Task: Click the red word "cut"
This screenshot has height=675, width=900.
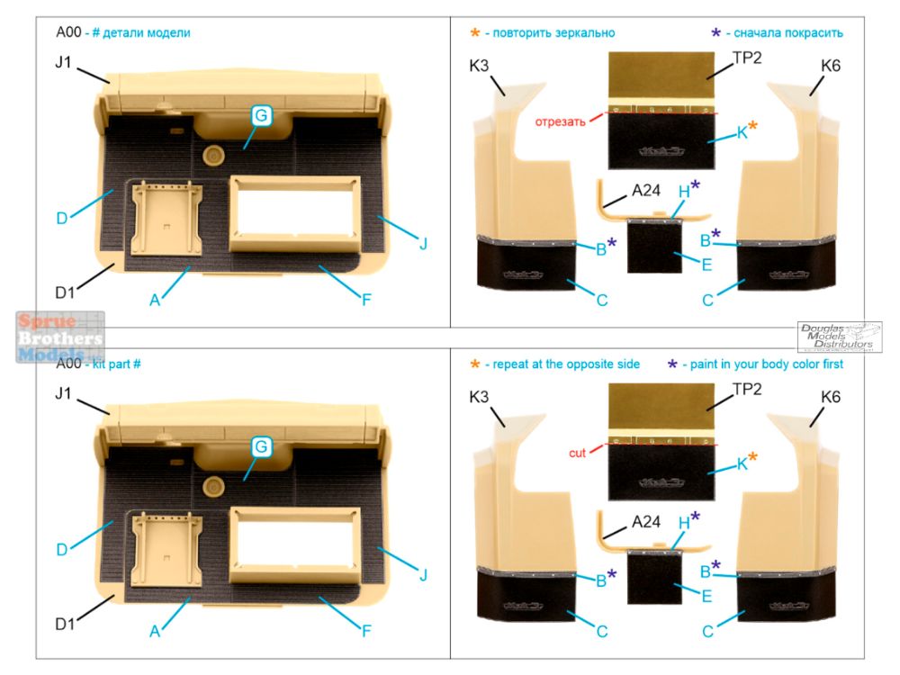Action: [576, 454]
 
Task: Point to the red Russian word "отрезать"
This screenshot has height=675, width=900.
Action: [561, 121]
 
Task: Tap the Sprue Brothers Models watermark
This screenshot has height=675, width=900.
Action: [59, 337]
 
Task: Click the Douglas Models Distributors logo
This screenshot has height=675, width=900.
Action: [839, 337]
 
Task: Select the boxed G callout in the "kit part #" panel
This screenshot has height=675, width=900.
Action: [261, 446]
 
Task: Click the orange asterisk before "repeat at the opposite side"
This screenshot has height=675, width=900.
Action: [474, 364]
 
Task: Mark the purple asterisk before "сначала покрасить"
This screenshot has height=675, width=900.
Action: [715, 33]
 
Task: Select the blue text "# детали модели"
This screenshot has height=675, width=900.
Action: [142, 32]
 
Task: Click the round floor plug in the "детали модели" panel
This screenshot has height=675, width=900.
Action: [213, 155]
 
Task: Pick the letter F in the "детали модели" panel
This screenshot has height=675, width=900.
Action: [366, 300]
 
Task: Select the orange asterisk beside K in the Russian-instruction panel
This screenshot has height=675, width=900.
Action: [752, 128]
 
